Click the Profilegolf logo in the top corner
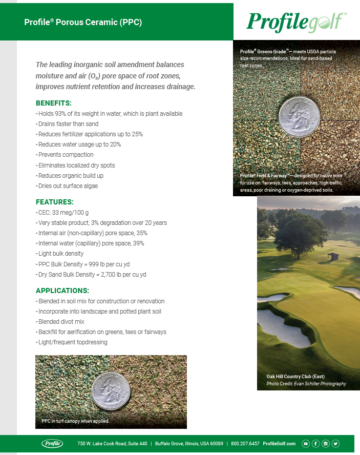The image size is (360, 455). [x=297, y=22]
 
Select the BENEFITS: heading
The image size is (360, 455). [x=53, y=102]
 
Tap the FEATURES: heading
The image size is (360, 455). [x=54, y=202]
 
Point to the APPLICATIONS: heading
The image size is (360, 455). [x=62, y=291]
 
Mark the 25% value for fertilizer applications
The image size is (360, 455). [x=136, y=134]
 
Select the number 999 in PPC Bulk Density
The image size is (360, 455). [x=95, y=264]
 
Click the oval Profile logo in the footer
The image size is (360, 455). [x=52, y=443]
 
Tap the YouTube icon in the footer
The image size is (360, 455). [x=306, y=443]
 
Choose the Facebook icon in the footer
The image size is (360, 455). [x=315, y=443]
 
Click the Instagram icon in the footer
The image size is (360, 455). [x=326, y=443]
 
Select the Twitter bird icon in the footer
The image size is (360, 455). [x=335, y=443]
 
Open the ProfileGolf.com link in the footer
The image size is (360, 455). [x=279, y=444]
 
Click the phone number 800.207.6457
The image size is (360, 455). [x=245, y=444]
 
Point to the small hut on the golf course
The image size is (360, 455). [x=333, y=255]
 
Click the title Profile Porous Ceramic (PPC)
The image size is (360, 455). [x=83, y=22]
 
